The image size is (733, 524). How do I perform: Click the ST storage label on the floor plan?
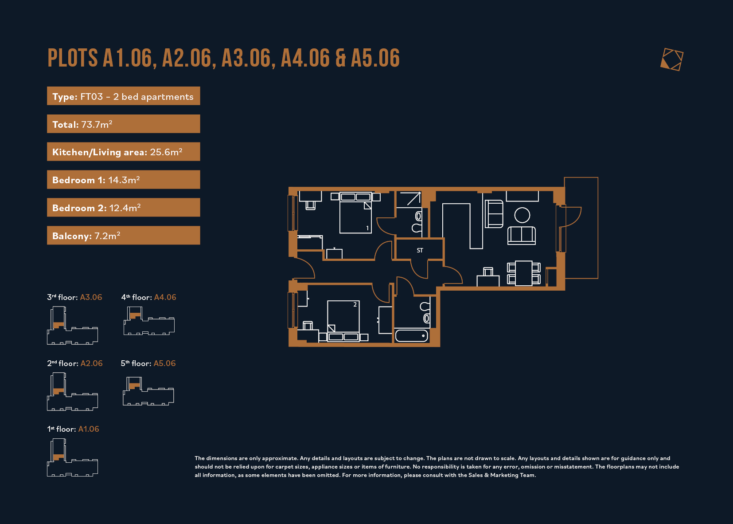420,250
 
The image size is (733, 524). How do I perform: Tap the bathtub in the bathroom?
412,336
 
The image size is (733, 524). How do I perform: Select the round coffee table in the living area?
522,215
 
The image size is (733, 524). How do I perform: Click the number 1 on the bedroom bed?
367,228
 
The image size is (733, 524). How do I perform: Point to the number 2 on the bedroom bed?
355,305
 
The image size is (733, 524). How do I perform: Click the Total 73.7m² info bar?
123,124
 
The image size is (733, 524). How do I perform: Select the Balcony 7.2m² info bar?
123,235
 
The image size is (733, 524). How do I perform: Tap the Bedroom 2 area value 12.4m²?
125,208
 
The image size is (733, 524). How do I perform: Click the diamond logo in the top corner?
672,59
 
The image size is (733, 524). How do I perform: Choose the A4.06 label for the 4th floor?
165,297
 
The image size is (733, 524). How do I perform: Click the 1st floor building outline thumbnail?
72,457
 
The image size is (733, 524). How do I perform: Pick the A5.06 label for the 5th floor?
164,363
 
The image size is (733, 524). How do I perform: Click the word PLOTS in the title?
73,58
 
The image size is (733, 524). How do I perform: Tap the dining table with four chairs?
523,273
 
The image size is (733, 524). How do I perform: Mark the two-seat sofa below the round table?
522,236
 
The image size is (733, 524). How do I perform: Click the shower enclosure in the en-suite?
409,199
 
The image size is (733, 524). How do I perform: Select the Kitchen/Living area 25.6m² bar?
123,152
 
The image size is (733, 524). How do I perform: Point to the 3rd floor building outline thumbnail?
72,325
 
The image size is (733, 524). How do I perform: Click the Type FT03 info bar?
123,96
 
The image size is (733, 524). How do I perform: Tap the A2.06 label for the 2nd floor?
92,363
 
